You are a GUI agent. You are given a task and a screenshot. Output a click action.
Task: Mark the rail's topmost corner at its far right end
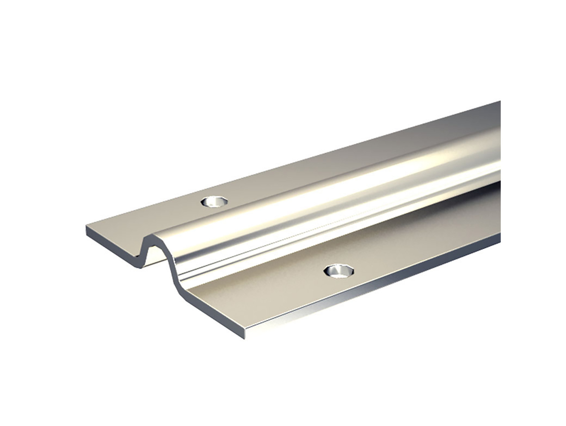(500, 101)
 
